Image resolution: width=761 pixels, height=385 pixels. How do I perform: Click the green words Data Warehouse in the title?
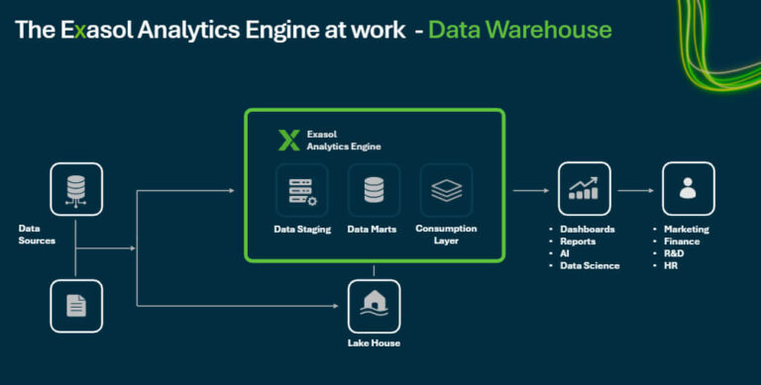tap(519, 30)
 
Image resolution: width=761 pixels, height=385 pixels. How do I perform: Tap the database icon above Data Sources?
tap(76, 189)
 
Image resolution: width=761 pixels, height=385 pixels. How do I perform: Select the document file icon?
tap(76, 305)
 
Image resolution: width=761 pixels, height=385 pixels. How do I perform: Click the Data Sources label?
tap(38, 234)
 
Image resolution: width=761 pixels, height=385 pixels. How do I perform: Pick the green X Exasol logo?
tap(288, 140)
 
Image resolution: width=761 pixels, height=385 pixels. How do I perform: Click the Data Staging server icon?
tap(302, 190)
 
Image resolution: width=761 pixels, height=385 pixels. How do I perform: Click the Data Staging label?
tap(302, 229)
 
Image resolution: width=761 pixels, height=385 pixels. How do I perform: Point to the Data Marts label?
tap(374, 229)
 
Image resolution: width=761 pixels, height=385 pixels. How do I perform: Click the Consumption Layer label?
tap(446, 235)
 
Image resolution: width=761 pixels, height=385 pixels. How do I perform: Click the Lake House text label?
tap(374, 343)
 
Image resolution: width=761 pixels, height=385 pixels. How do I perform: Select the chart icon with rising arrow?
tap(584, 189)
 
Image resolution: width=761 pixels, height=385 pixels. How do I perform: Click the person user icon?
tap(688, 189)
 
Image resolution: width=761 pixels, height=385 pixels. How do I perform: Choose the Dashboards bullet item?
tap(587, 229)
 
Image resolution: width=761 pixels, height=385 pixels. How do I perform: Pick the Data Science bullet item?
tap(590, 265)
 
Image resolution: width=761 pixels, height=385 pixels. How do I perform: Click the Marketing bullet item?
tap(686, 229)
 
